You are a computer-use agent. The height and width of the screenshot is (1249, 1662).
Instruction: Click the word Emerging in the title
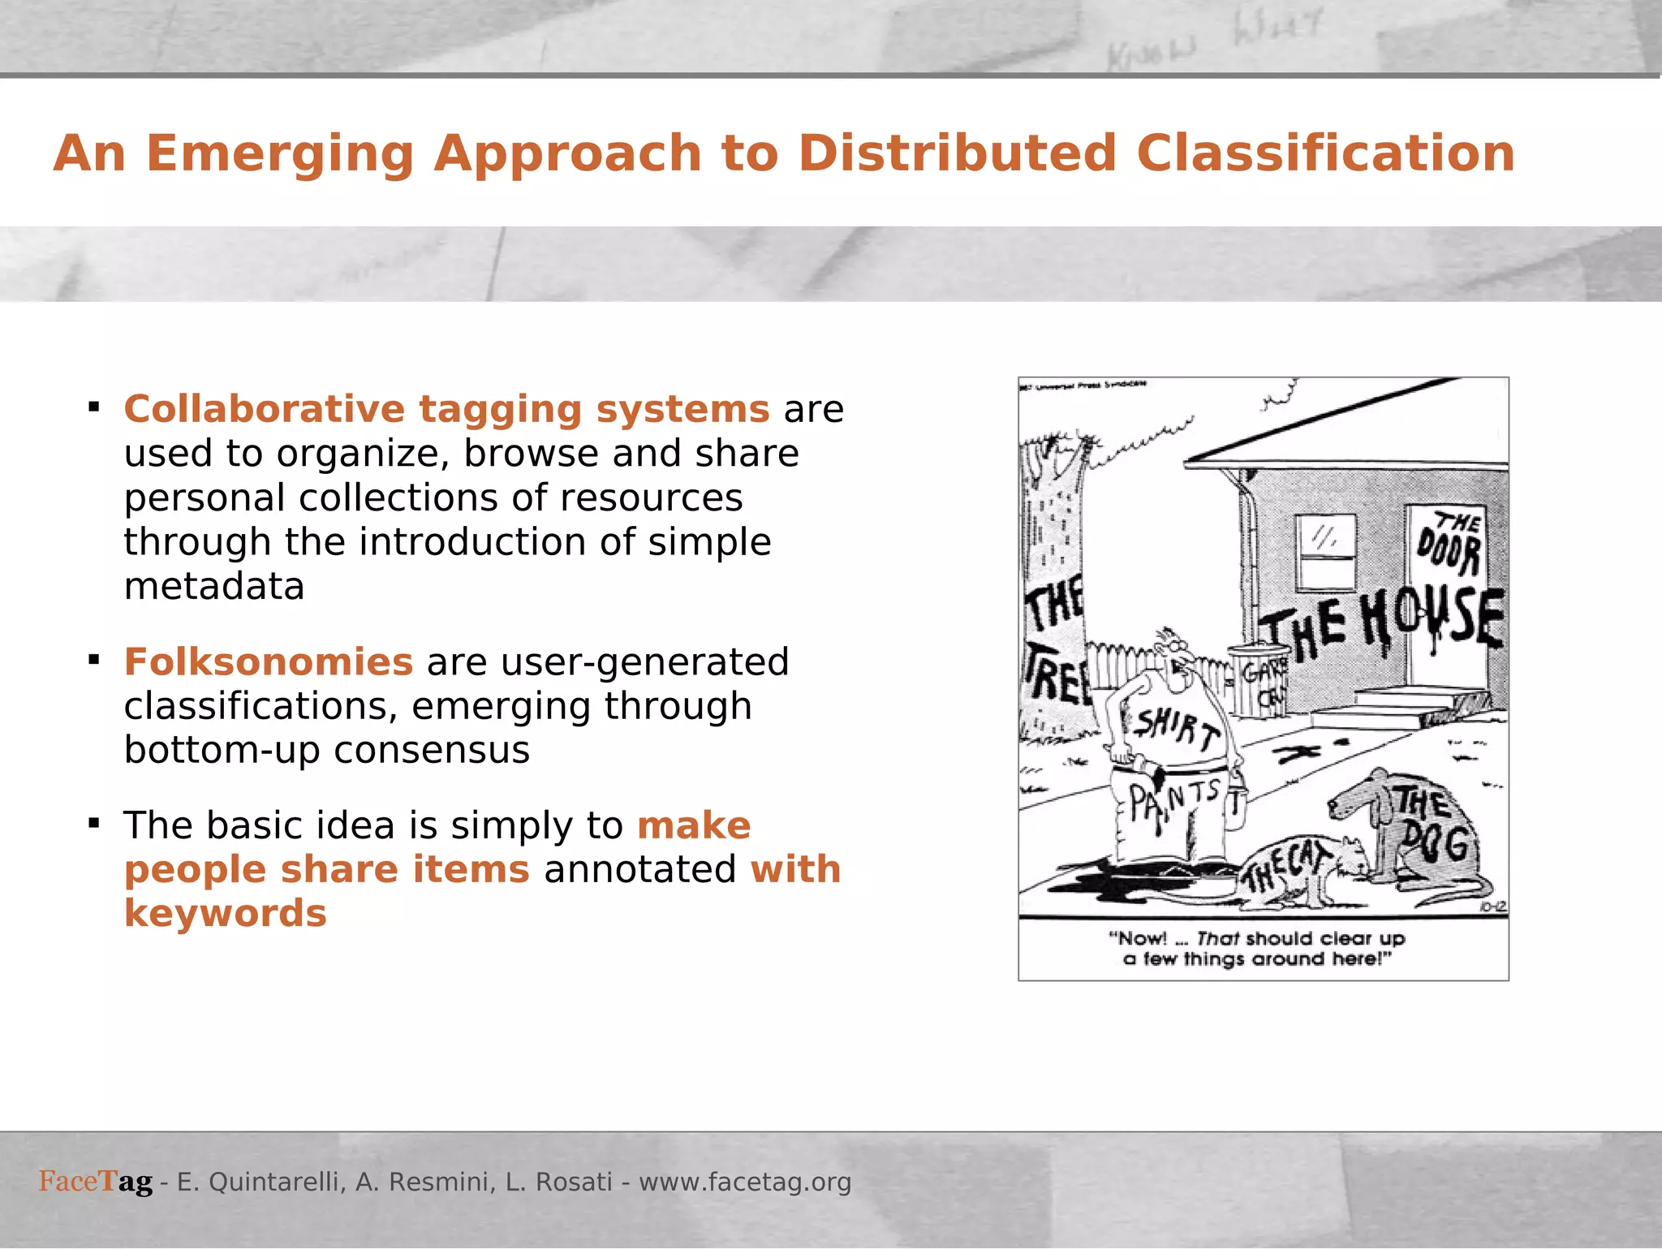(279, 154)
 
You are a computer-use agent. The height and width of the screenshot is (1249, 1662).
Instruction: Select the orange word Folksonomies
(269, 661)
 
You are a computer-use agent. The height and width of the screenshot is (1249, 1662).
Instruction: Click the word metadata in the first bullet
(214, 586)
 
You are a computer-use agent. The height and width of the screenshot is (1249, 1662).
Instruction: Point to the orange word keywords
(226, 913)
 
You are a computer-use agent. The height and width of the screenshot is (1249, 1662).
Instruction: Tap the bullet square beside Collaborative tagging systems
(94, 407)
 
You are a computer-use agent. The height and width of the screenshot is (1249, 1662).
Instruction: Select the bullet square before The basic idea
(94, 824)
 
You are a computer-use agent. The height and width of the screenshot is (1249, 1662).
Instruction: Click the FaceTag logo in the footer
(96, 1181)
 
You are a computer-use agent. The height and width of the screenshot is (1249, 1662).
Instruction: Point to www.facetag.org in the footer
(745, 1182)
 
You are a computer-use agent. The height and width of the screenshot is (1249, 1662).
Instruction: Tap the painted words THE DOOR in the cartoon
(1449, 544)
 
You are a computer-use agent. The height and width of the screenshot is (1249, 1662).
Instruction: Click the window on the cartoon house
(1324, 552)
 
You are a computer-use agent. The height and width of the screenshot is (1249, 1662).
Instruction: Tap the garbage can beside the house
(1258, 682)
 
